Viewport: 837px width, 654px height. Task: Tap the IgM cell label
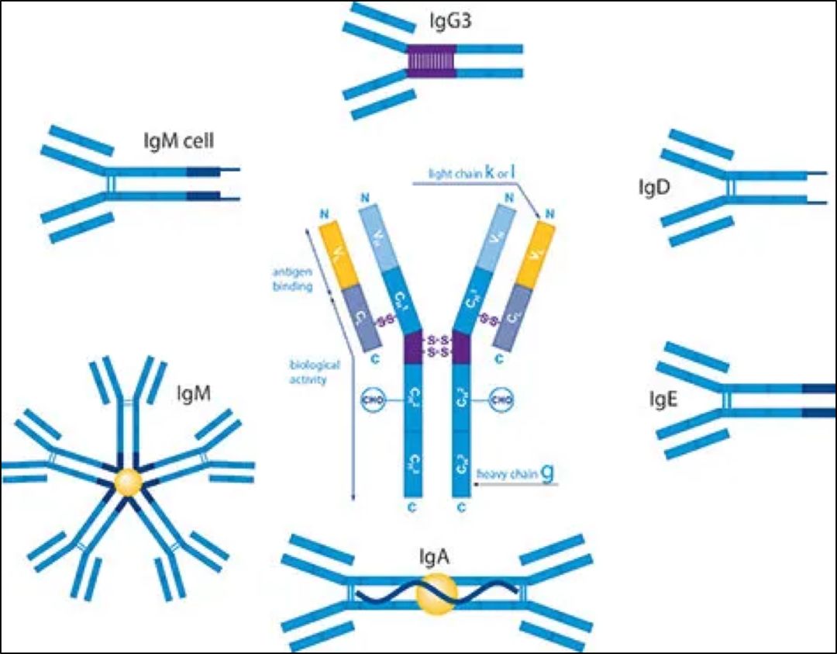coord(178,141)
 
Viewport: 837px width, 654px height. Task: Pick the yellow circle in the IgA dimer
coord(437,595)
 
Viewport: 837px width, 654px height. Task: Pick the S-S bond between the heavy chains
coord(438,346)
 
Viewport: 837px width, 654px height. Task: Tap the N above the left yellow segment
coord(326,213)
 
